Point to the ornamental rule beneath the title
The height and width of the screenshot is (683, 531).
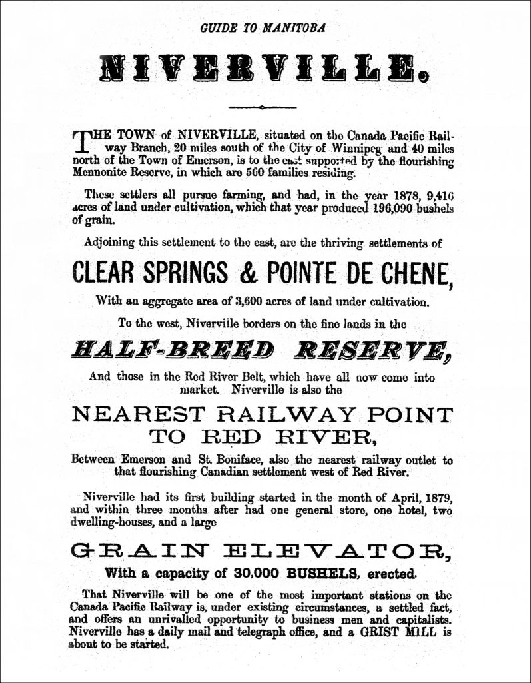[265, 107]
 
